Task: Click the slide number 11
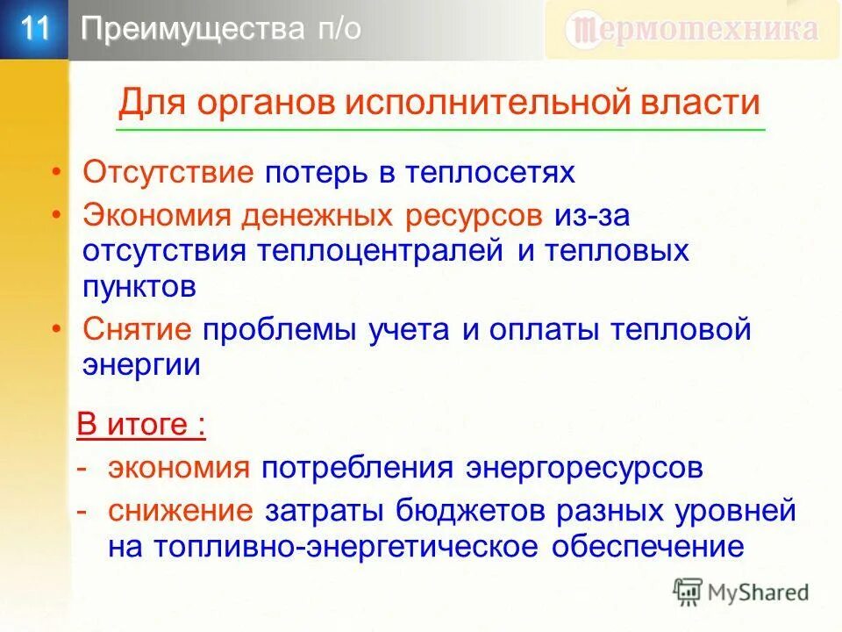34,29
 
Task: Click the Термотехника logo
693,30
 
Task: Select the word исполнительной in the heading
481,103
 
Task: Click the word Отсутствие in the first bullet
168,172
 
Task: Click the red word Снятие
138,330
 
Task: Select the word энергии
142,365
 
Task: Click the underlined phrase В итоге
140,425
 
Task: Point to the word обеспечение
648,546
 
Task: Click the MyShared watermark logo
741,592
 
